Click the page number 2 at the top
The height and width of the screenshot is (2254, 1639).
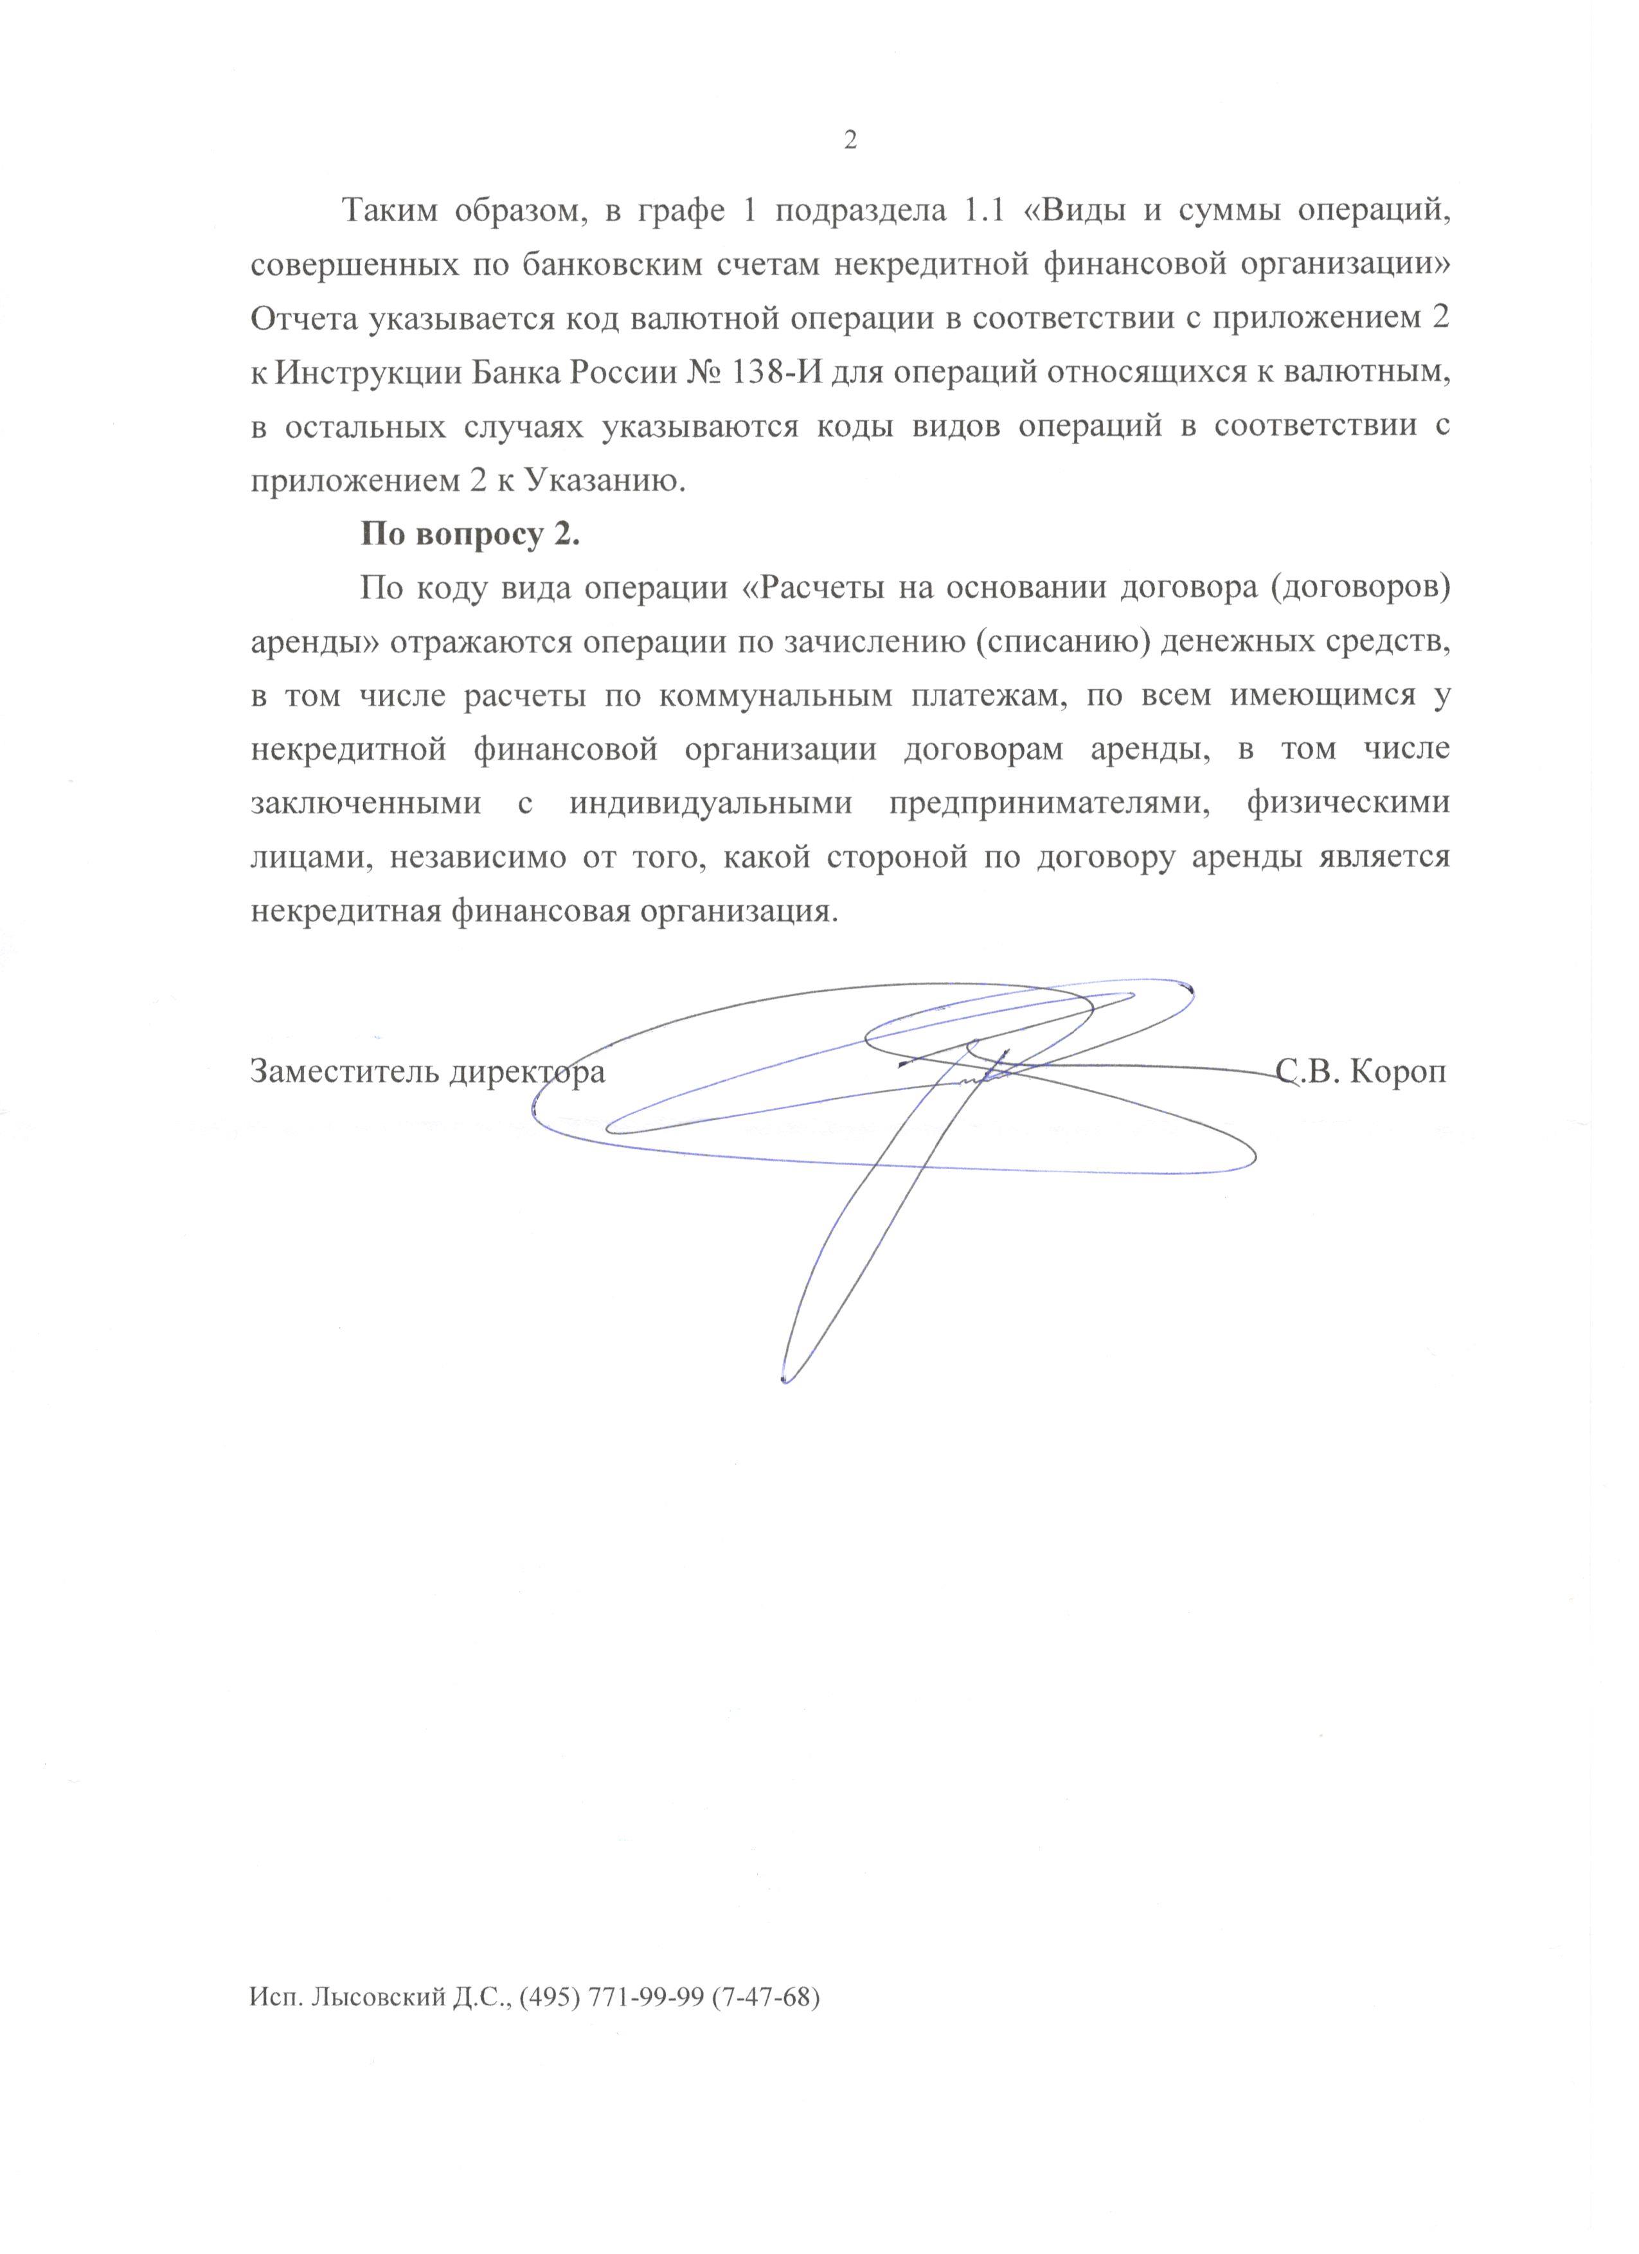[x=849, y=141]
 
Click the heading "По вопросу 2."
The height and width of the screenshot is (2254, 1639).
[x=469, y=535]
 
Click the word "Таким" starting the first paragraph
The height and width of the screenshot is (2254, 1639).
[x=391, y=211]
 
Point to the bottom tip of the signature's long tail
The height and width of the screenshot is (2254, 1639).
[x=784, y=1381]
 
